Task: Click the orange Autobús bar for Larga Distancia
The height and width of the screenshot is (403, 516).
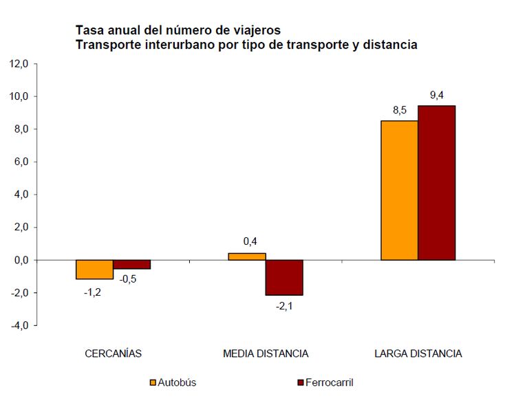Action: [x=399, y=190]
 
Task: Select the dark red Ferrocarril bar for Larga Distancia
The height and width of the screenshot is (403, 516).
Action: [x=437, y=183]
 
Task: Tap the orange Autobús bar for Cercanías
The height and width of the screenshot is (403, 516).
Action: [x=95, y=270]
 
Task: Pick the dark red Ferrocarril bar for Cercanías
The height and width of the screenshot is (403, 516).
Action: [x=132, y=265]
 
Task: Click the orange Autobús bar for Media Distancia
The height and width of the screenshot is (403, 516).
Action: [x=247, y=257]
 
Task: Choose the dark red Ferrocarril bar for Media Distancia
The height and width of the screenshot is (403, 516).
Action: [x=285, y=277]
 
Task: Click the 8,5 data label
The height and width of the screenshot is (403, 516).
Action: [x=399, y=110]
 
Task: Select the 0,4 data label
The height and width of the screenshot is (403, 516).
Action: [x=250, y=241]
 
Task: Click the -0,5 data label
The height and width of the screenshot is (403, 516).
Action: [x=128, y=279]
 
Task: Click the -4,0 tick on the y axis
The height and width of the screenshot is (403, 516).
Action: [x=18, y=325]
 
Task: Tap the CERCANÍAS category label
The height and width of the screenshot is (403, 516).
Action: [x=114, y=353]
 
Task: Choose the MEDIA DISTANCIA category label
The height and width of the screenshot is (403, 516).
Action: [x=266, y=353]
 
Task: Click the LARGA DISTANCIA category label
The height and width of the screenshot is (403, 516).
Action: [x=418, y=353]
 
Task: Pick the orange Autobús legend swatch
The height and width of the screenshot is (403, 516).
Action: [x=153, y=382]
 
